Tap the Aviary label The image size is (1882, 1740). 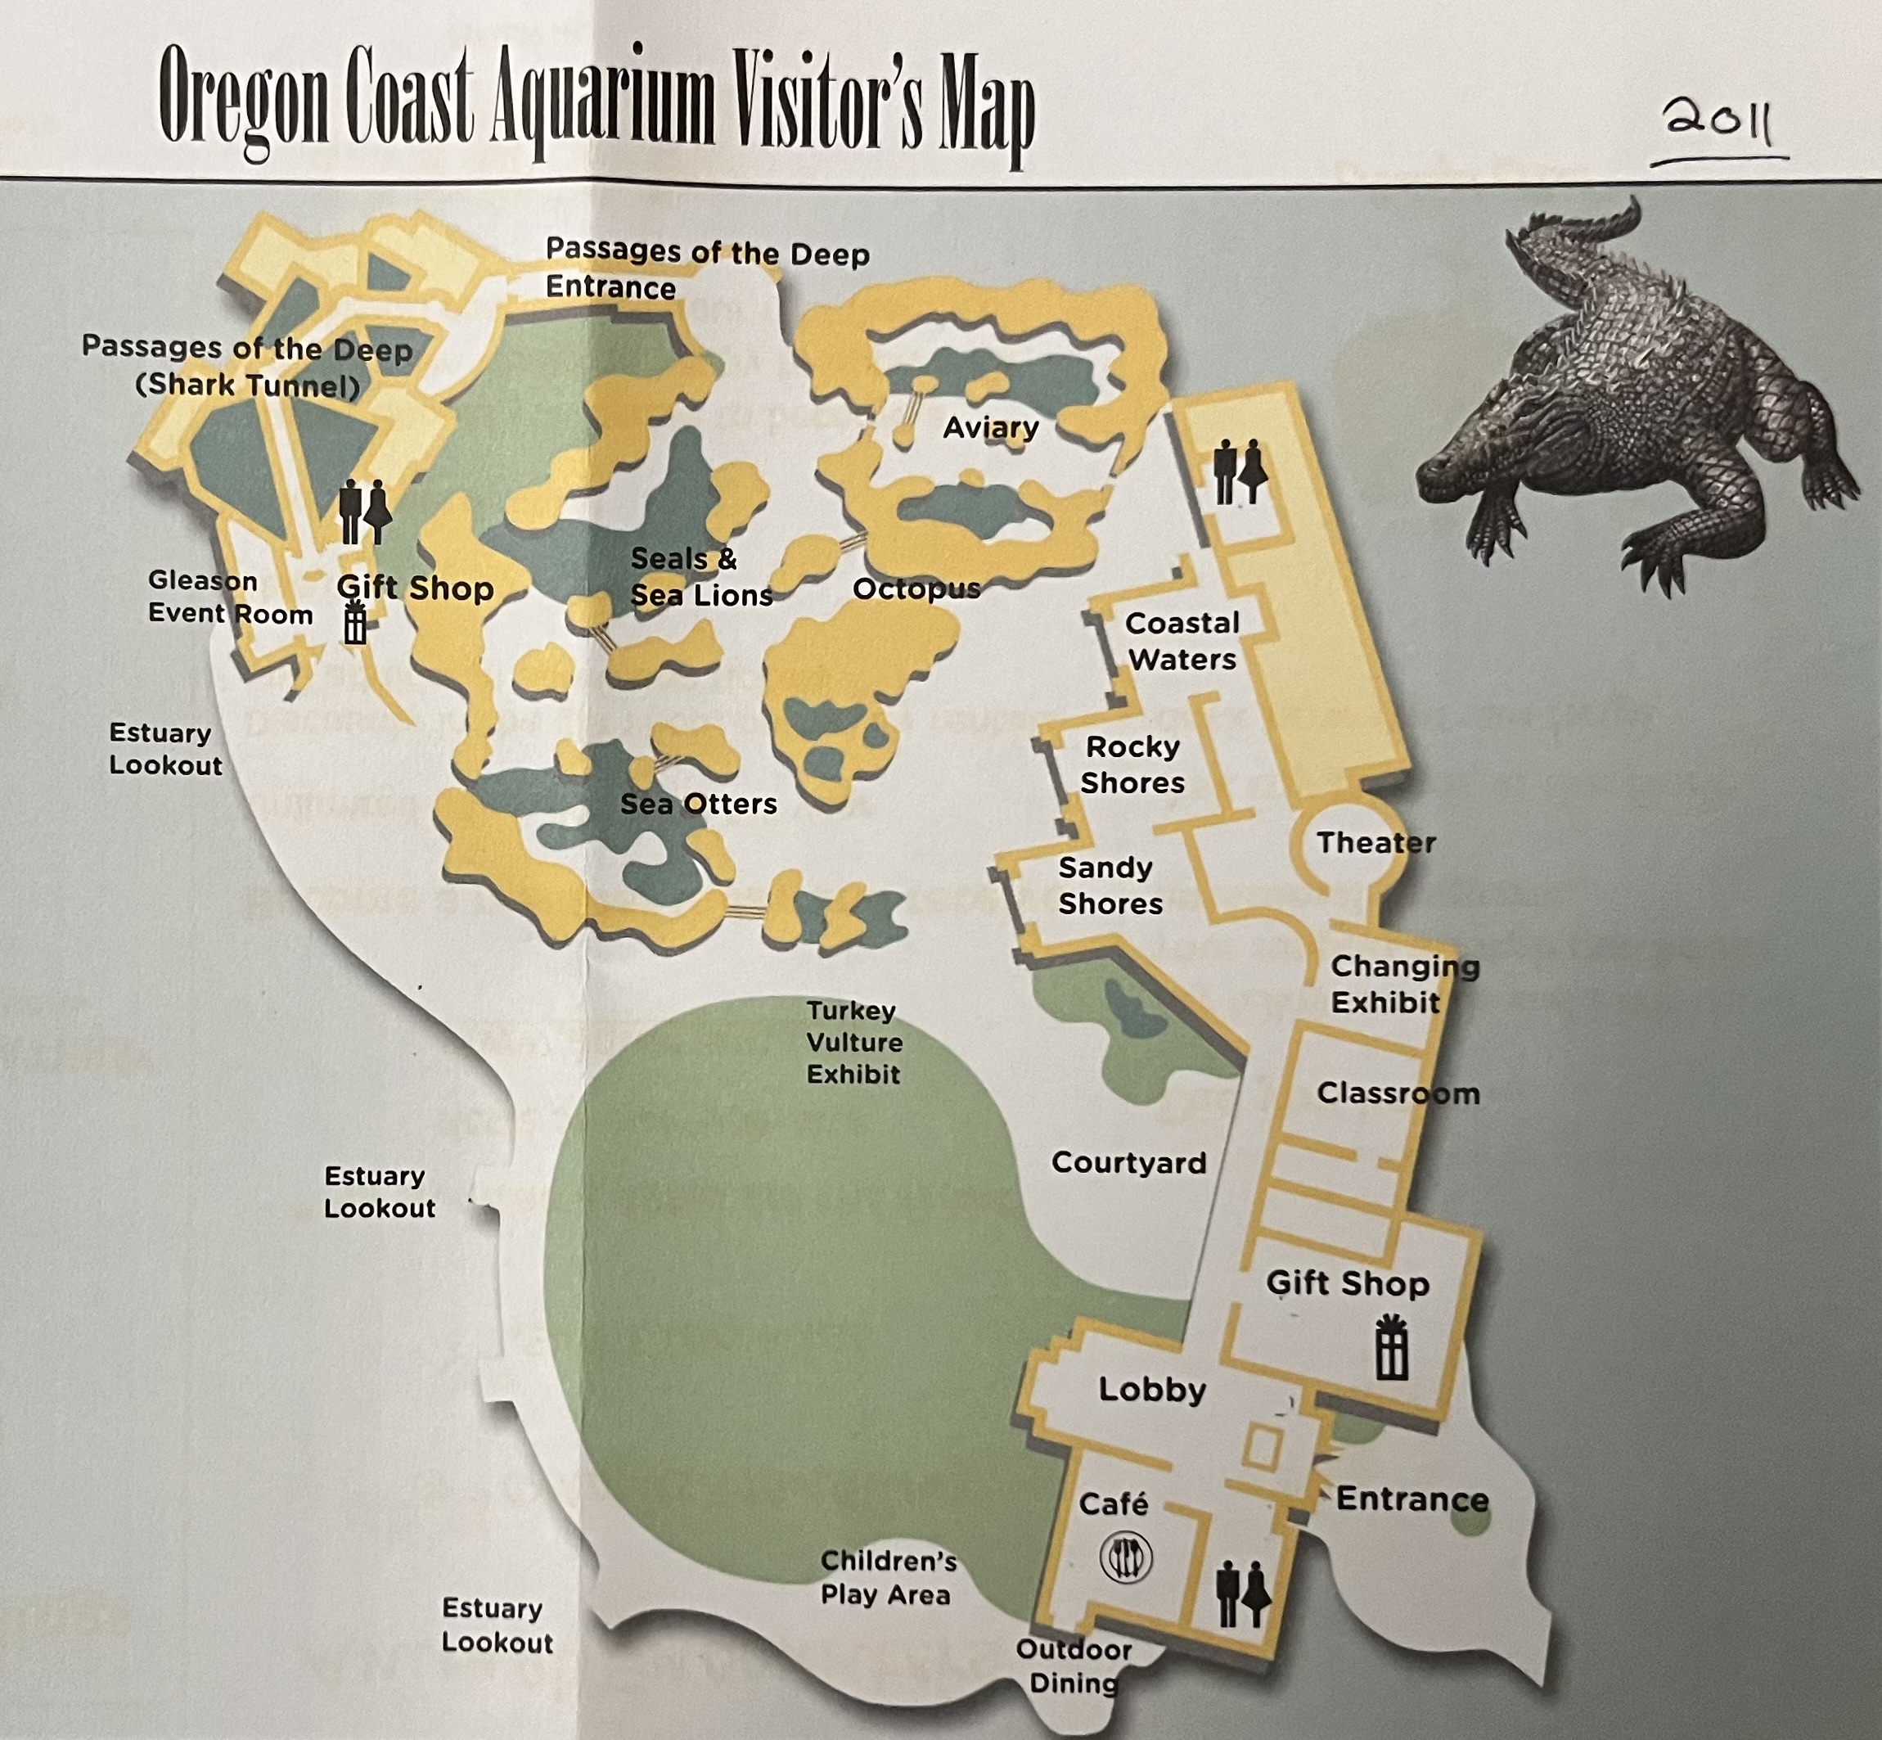tap(990, 427)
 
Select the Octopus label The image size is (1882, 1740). tap(916, 589)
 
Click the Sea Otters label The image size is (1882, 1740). tap(699, 803)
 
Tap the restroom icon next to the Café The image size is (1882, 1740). tap(1243, 1593)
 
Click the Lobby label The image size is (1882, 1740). tap(1152, 1390)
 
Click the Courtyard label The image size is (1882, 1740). tap(1128, 1163)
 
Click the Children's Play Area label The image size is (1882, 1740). tap(887, 1577)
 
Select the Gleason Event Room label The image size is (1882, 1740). tap(230, 597)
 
